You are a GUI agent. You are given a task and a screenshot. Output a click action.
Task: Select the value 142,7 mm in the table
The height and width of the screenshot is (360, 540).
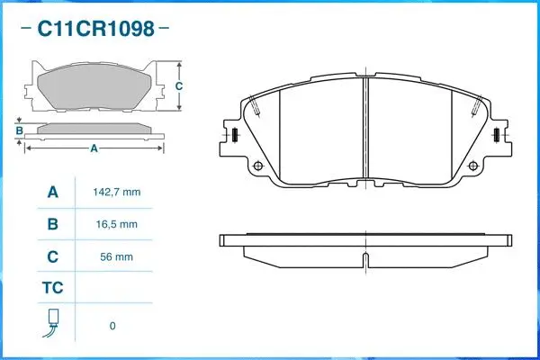(117, 193)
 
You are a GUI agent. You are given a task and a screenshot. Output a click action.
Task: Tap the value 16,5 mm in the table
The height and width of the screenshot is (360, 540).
(117, 224)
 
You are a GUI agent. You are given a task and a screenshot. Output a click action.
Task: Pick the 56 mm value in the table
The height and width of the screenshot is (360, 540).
(117, 256)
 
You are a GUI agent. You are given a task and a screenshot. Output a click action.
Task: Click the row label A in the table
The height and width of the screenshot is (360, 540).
(52, 193)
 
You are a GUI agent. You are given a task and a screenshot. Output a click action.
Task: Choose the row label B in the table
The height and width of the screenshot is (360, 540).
(52, 224)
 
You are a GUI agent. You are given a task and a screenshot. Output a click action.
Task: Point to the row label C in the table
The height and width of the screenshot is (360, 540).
(52, 256)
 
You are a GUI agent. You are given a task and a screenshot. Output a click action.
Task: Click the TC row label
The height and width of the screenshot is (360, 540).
(52, 289)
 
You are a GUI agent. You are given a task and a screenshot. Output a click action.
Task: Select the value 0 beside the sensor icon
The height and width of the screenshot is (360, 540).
(112, 326)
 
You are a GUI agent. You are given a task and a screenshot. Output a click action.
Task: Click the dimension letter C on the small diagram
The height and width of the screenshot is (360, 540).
(178, 86)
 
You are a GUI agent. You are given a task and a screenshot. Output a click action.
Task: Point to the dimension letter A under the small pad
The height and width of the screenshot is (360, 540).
(94, 148)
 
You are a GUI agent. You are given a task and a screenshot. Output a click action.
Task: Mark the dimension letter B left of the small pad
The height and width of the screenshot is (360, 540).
(19, 131)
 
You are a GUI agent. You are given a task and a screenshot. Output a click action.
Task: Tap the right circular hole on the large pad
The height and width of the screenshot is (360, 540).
(468, 166)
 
